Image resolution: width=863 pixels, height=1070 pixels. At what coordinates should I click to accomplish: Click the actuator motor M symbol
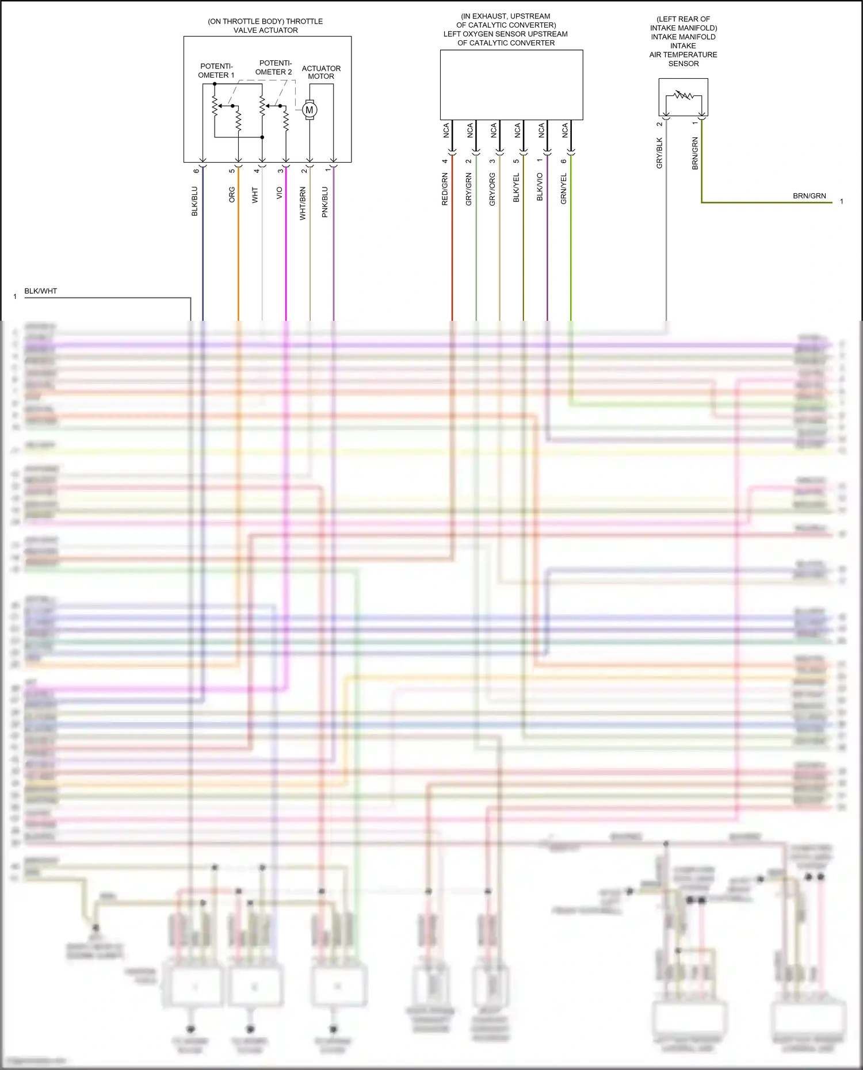pos(310,110)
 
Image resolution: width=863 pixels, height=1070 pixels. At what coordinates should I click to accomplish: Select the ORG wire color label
pos(232,194)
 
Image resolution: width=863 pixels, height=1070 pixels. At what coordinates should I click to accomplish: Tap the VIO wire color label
pos(280,193)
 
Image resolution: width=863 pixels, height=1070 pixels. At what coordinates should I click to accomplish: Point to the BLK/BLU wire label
pos(194,201)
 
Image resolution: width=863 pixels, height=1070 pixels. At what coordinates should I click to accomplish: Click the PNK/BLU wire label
pos(325,202)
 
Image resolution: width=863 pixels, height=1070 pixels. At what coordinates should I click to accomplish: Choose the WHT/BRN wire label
pos(303,204)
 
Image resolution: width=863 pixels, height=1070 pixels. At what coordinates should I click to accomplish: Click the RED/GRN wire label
pos(445,189)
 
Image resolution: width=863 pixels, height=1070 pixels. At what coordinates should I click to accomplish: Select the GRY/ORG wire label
pos(492,189)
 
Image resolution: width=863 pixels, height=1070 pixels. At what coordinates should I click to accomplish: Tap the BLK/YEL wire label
pos(516,187)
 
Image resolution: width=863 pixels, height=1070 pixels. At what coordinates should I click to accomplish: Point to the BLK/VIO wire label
pos(540,187)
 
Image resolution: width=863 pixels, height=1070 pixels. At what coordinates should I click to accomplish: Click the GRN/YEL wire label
pos(564,189)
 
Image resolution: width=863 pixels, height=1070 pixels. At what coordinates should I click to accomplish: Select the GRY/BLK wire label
pos(659,153)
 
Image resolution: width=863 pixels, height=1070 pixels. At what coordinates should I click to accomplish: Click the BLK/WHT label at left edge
pos(41,291)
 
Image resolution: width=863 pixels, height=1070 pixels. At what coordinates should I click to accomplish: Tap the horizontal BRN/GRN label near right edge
pos(809,196)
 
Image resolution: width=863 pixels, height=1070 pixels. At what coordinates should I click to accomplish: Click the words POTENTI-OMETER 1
pos(216,71)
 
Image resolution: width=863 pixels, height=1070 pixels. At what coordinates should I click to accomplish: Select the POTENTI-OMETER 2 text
pos(274,67)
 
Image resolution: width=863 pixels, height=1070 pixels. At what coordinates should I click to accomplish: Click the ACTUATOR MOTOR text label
pos(321,72)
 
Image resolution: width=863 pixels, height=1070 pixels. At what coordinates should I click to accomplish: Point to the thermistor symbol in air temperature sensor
pos(683,95)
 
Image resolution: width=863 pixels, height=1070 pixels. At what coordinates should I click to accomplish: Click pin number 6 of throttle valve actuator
pos(196,171)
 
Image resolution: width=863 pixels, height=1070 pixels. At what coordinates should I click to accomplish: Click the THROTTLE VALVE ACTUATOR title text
pos(265,25)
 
